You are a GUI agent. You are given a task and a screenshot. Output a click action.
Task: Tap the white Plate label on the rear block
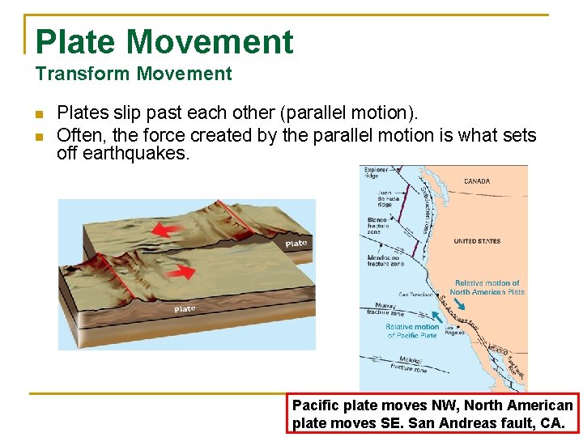(296, 244)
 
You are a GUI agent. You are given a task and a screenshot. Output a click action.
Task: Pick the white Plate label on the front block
(185, 309)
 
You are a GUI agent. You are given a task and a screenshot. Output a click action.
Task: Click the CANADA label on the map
(477, 181)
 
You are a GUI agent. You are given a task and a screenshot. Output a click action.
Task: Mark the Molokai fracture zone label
(406, 363)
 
